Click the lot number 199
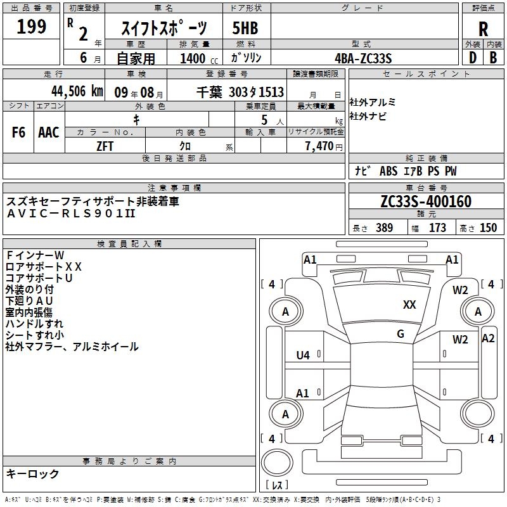click(32, 27)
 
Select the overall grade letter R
click(483, 29)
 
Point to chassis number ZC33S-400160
click(426, 202)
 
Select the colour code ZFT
click(105, 146)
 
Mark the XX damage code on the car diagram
click(409, 305)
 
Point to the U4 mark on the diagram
click(303, 356)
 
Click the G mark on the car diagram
click(401, 334)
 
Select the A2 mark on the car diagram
click(488, 338)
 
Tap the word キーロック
click(32, 473)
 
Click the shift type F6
click(19, 132)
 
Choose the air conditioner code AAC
click(49, 132)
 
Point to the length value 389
click(384, 228)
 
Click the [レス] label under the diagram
click(277, 486)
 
